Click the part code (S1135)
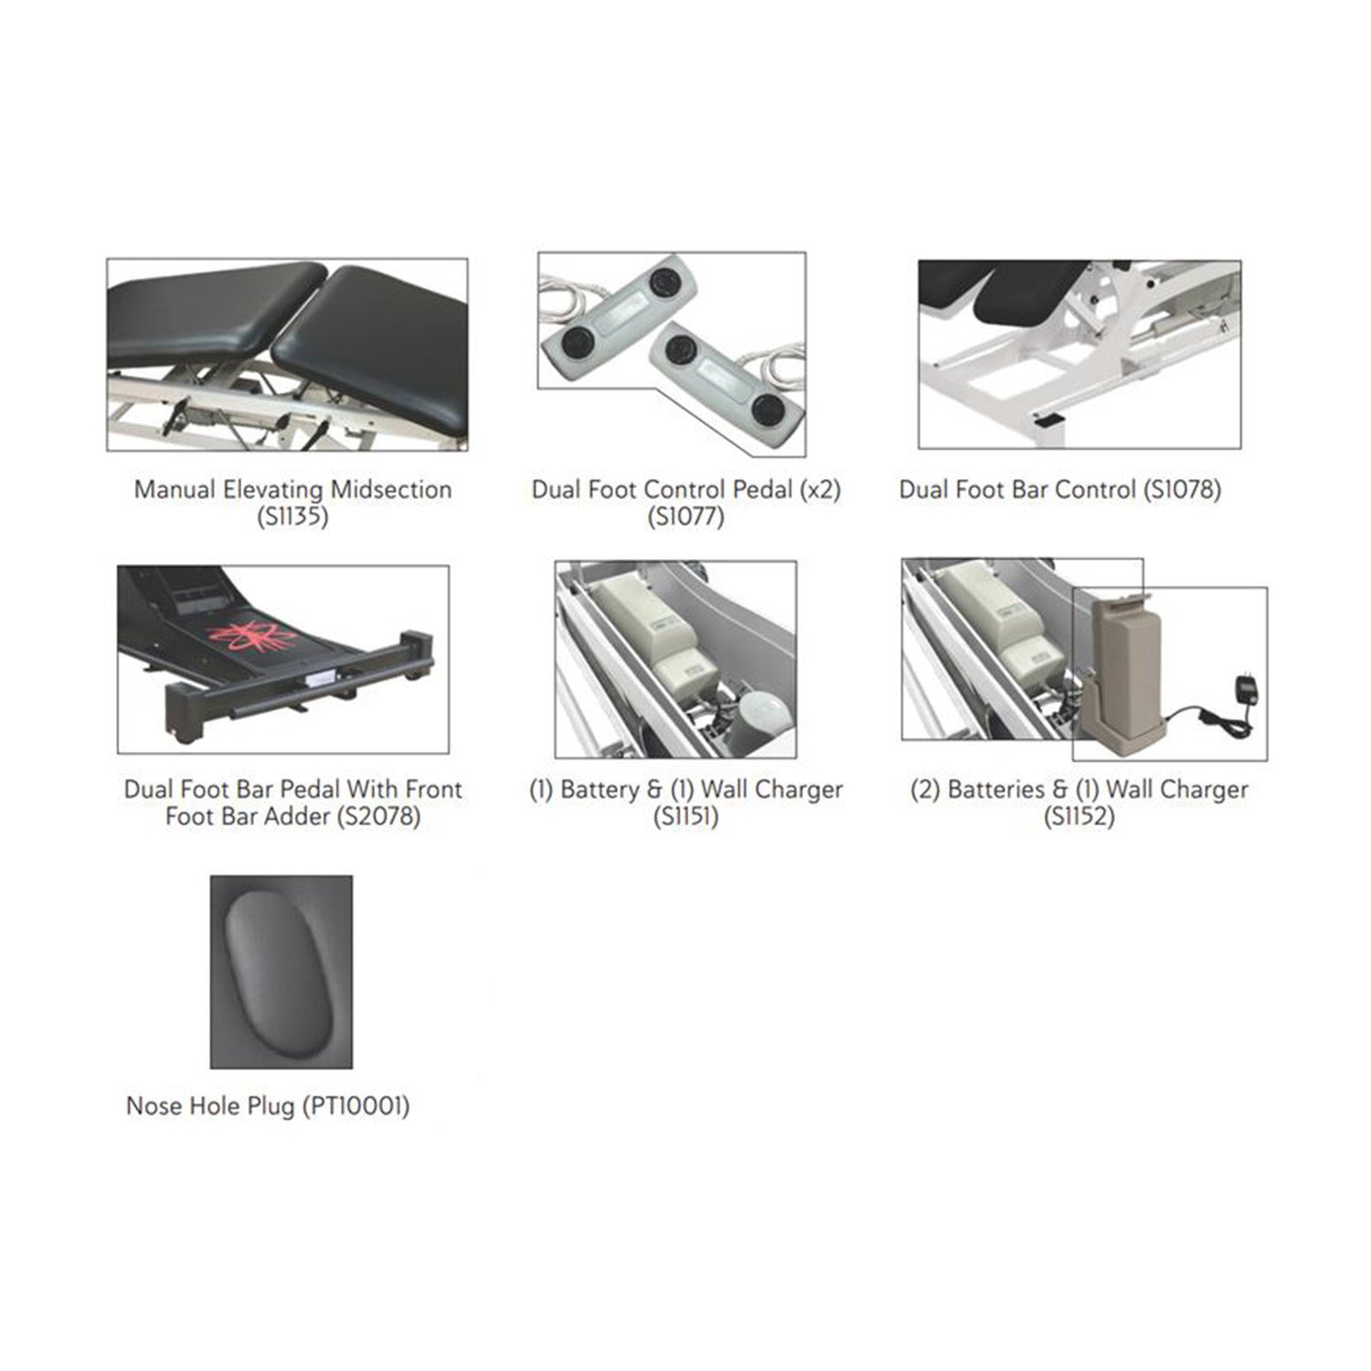click(x=292, y=517)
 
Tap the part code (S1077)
click(x=685, y=517)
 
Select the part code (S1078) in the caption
click(x=1182, y=490)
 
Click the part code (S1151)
click(x=685, y=816)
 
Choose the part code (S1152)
click(x=1079, y=816)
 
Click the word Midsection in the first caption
click(x=391, y=490)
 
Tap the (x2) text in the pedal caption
click(x=820, y=490)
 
